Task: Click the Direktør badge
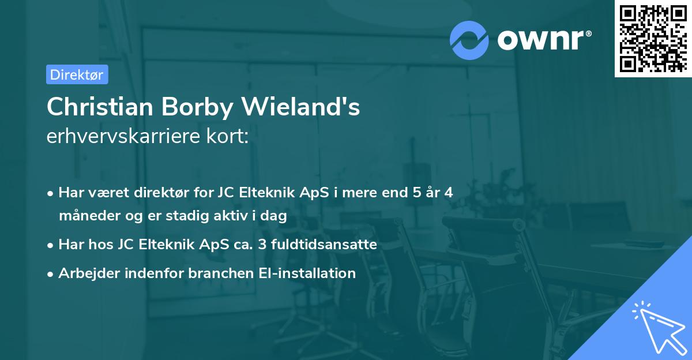click(77, 74)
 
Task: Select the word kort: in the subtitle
click(230, 137)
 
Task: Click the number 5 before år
click(416, 193)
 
